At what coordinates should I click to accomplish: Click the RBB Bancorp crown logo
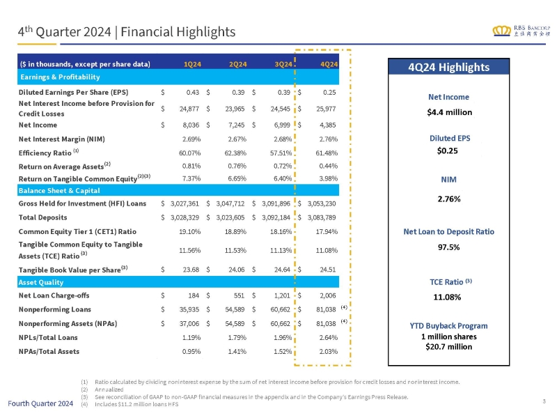pyautogui.click(x=501, y=31)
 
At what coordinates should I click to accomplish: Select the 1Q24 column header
pyautogui.click(x=192, y=64)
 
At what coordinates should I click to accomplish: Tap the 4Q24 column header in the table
pyautogui.click(x=329, y=64)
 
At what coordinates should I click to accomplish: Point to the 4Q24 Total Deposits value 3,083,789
pyautogui.click(x=322, y=217)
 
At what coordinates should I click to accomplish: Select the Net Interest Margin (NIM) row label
pyautogui.click(x=62, y=139)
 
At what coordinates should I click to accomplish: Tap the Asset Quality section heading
pyautogui.click(x=41, y=282)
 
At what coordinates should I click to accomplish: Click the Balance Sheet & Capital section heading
pyautogui.click(x=59, y=190)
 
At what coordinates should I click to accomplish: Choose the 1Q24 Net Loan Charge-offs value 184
pyautogui.click(x=194, y=295)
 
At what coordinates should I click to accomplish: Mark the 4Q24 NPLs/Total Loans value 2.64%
pyautogui.click(x=328, y=337)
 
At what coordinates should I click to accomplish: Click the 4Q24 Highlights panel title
pyautogui.click(x=448, y=67)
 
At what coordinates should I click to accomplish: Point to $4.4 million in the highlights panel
pyautogui.click(x=449, y=112)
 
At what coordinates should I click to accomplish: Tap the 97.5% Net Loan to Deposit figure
pyautogui.click(x=448, y=247)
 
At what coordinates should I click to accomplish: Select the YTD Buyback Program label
pyautogui.click(x=448, y=325)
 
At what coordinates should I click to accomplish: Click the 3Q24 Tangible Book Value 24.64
pyautogui.click(x=282, y=270)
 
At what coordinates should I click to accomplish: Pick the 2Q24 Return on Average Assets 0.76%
pyautogui.click(x=237, y=166)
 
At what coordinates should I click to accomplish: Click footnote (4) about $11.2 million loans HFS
pyautogui.click(x=130, y=404)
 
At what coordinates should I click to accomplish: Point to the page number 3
pyautogui.click(x=544, y=401)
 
